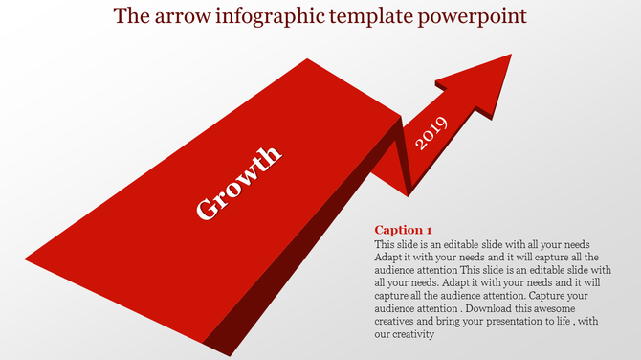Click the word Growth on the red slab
tap(238, 182)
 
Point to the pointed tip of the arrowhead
tap(510, 55)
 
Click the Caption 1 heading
tap(403, 230)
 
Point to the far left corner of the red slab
tap(27, 259)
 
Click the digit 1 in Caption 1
tap(429, 230)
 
